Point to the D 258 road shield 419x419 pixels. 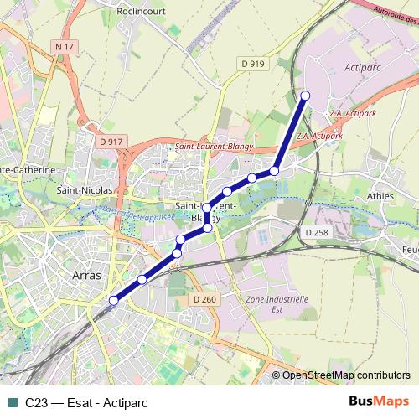[x=316, y=231]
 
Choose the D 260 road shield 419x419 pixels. [x=204, y=299]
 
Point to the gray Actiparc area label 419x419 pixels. [x=363, y=65]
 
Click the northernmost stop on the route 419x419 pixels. [x=305, y=96]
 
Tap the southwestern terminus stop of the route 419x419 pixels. [x=114, y=300]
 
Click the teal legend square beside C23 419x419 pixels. [x=12, y=401]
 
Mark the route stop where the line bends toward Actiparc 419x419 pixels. [x=274, y=171]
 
